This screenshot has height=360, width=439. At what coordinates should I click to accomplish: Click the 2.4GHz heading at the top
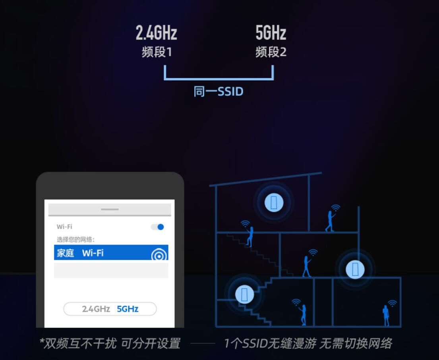coord(157,33)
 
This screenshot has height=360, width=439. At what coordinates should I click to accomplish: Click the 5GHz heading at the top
coord(271,33)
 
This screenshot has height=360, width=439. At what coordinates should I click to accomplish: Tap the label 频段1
coord(157,52)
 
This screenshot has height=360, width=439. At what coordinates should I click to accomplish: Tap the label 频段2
coord(271,52)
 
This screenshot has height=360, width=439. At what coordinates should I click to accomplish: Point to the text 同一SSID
coord(219,91)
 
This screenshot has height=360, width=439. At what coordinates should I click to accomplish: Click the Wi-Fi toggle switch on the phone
coord(157,227)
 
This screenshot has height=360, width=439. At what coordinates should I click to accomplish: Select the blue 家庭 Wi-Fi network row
coord(111,252)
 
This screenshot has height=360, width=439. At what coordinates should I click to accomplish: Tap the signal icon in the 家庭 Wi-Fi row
coord(159,255)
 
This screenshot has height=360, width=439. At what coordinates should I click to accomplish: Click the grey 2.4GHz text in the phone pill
coord(96,309)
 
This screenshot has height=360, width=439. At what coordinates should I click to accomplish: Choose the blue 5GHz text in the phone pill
coord(128,309)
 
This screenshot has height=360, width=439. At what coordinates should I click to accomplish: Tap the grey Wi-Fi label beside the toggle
coord(64,227)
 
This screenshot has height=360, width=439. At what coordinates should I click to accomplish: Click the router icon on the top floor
coord(274,202)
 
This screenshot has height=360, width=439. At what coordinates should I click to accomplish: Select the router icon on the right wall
coord(355,269)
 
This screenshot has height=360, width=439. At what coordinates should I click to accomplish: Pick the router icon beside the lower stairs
coord(244,294)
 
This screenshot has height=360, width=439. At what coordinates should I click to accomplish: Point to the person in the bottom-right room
coord(387,316)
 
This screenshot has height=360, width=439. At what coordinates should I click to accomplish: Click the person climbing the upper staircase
coord(250,237)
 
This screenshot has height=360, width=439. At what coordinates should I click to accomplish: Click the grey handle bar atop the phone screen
coord(110,209)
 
